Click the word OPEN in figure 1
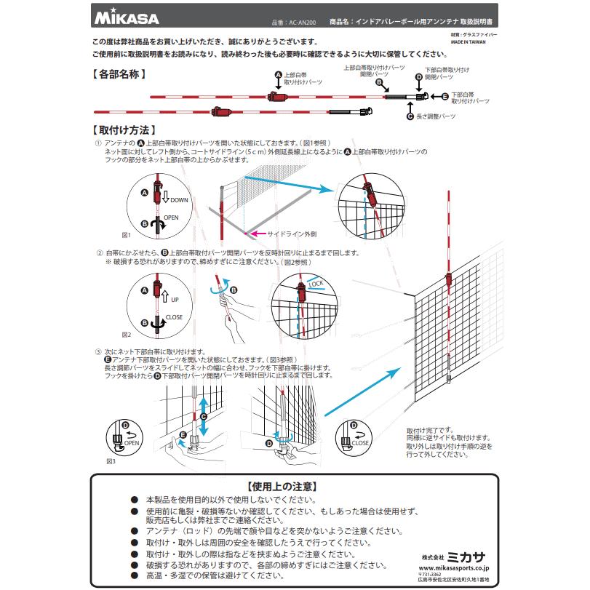171,218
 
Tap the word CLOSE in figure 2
173,317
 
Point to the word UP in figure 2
175,299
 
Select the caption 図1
125,235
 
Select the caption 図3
111,461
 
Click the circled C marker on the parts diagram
410,116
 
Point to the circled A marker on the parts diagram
278,75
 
